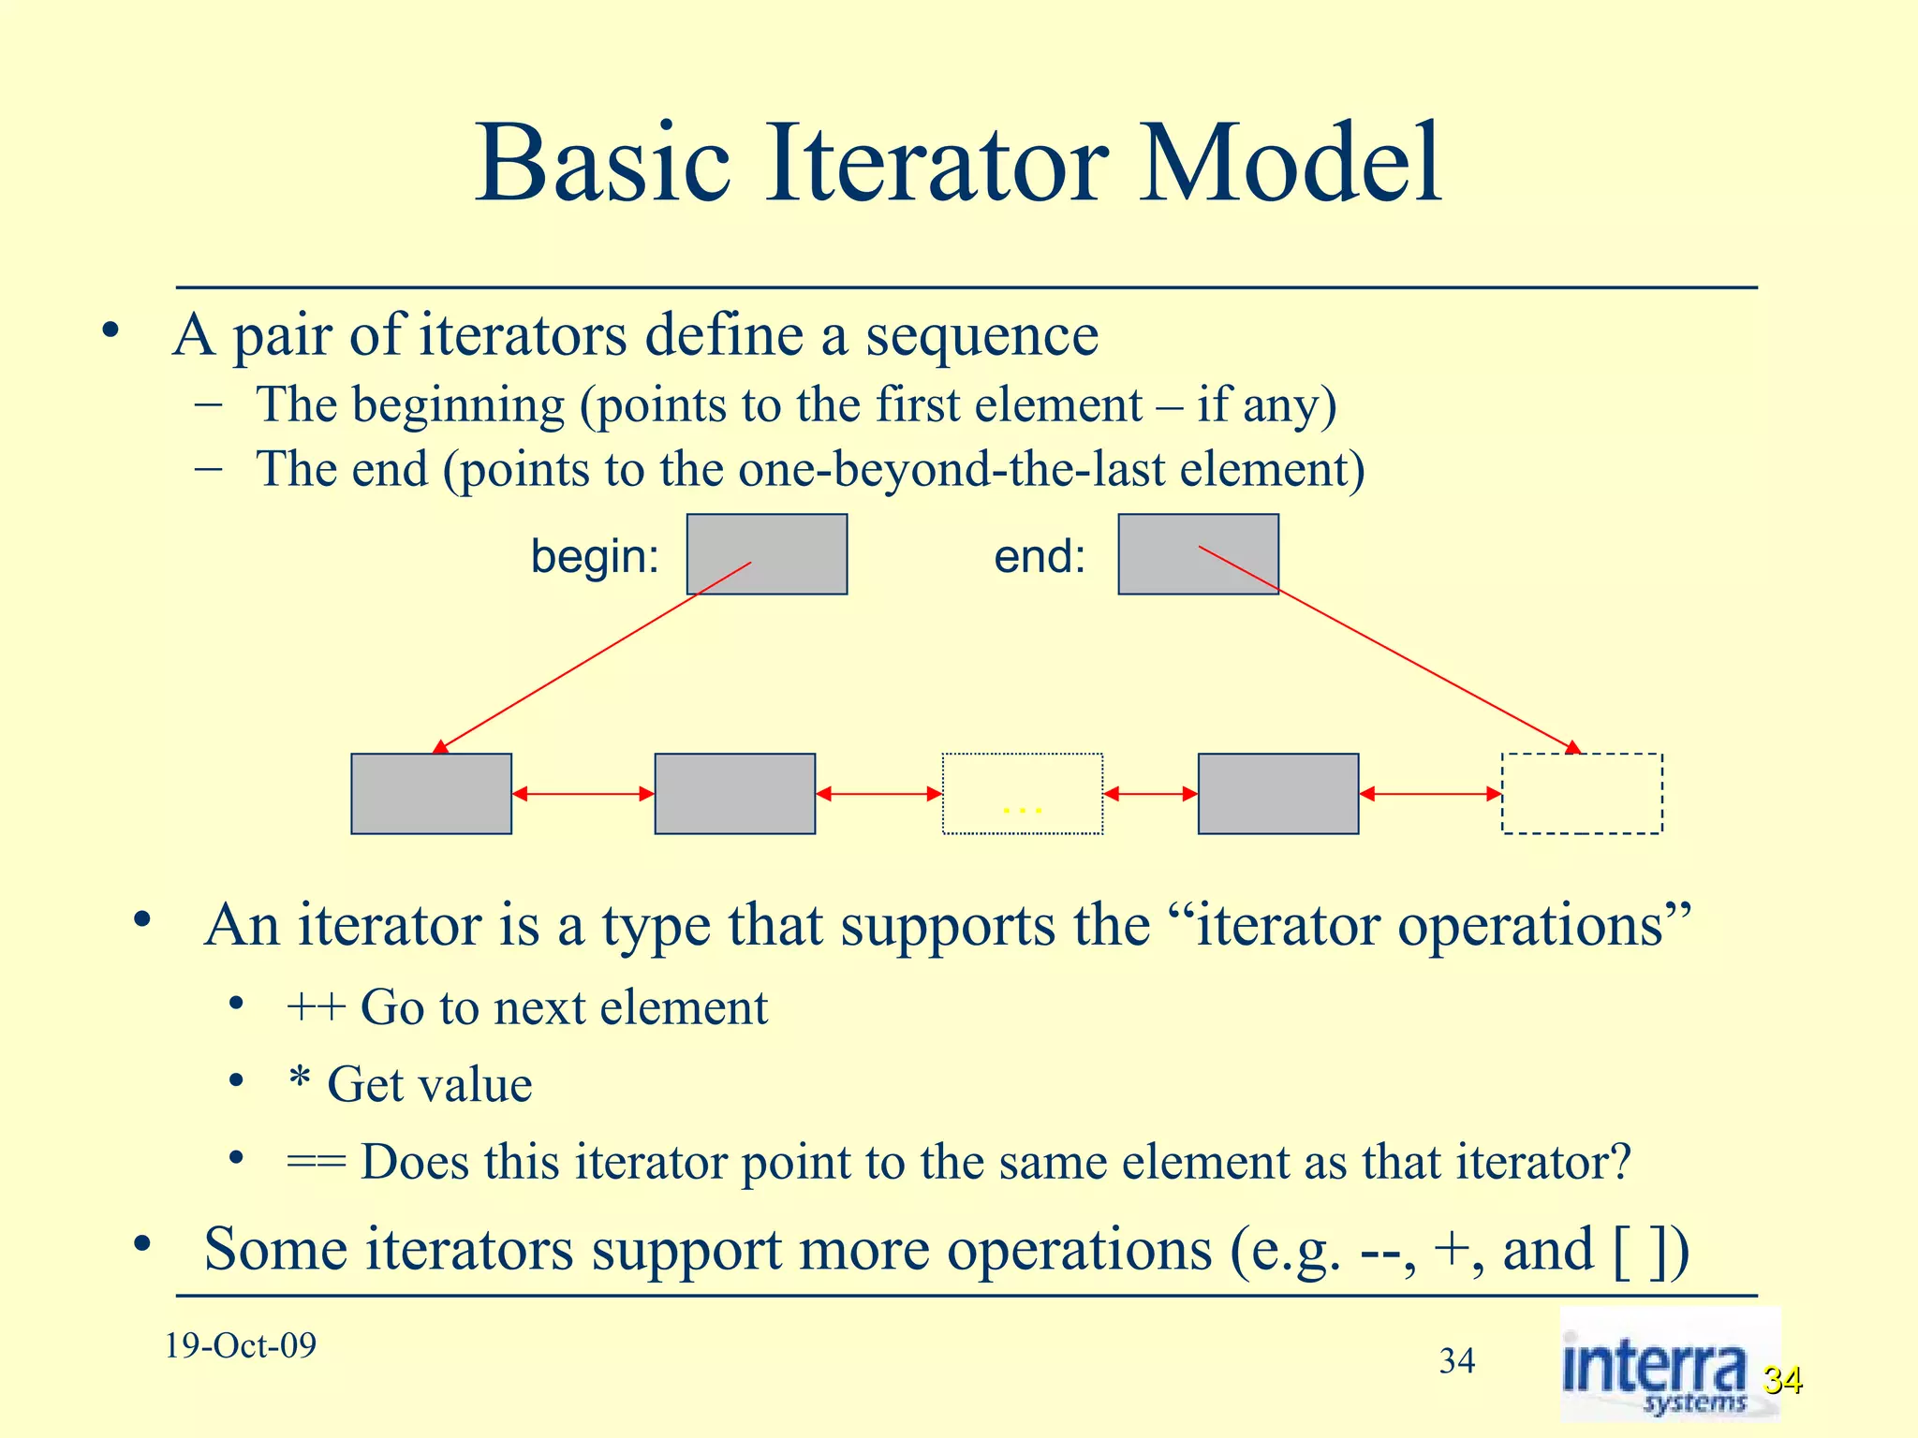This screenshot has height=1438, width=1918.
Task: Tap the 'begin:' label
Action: (595, 556)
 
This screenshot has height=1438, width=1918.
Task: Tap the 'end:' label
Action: (1040, 556)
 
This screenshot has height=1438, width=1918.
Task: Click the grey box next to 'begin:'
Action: (767, 554)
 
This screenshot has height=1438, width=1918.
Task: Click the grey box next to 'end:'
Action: (1198, 554)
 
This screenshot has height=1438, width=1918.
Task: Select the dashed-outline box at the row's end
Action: (1582, 794)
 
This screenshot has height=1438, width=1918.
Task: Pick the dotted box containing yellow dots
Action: (1022, 794)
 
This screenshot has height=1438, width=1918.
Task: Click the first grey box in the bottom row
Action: (431, 794)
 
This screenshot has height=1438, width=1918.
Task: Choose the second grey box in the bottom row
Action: (734, 794)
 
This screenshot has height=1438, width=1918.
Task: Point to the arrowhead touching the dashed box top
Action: (1573, 747)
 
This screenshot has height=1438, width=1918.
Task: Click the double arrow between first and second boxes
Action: (583, 794)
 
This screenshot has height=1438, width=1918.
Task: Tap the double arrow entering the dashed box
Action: (1429, 794)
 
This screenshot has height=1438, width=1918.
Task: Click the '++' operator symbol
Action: (316, 1008)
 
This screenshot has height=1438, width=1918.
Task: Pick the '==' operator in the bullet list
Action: (316, 1163)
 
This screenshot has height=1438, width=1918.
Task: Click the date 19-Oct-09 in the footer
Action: (241, 1345)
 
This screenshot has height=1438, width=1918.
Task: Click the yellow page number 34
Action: (1782, 1380)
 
